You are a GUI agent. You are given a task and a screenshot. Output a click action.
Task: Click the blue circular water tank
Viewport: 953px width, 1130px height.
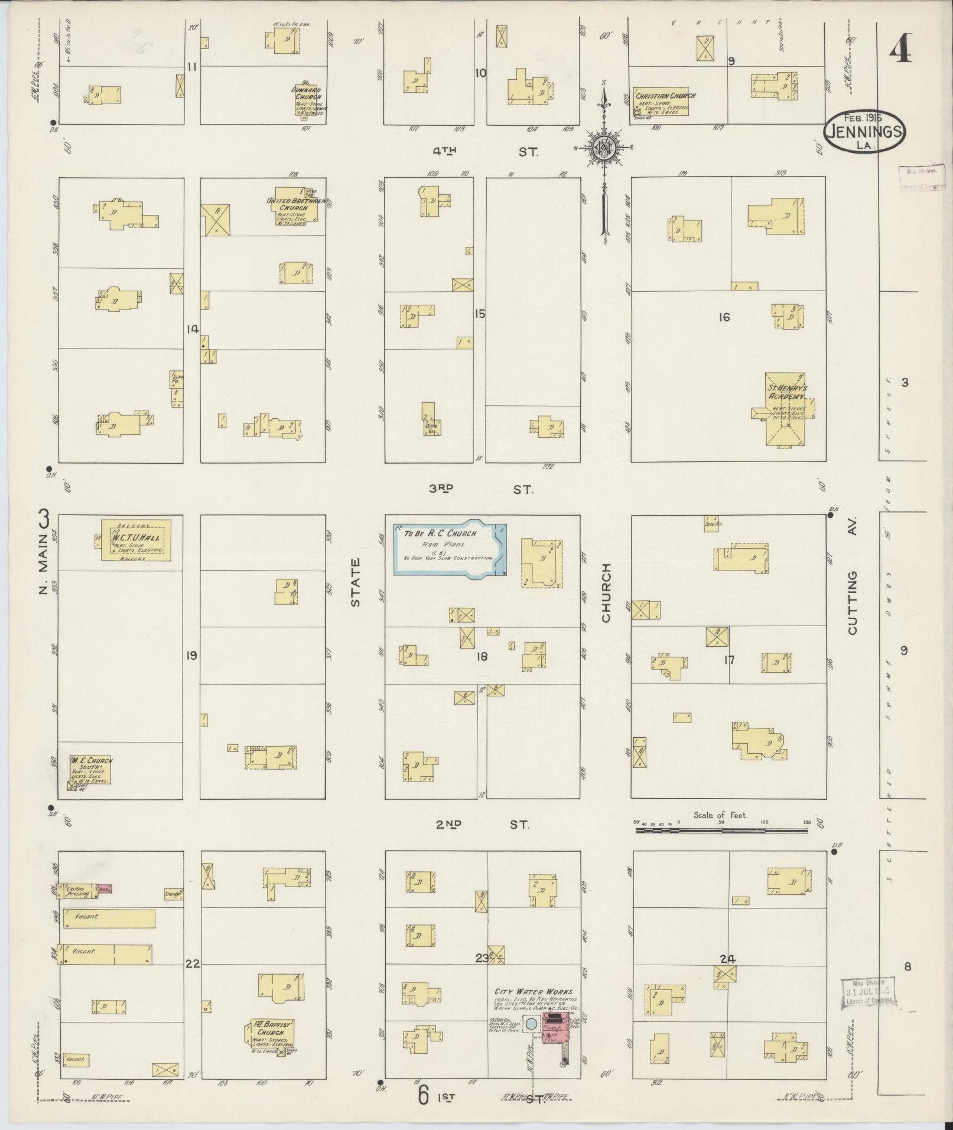(x=532, y=1025)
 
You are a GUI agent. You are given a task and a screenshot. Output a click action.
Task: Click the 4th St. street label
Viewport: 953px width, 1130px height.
(x=484, y=152)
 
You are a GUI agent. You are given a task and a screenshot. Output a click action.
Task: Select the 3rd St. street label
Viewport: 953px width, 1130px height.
(x=481, y=489)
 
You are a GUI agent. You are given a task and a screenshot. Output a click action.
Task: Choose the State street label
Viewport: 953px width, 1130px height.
(x=355, y=583)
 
